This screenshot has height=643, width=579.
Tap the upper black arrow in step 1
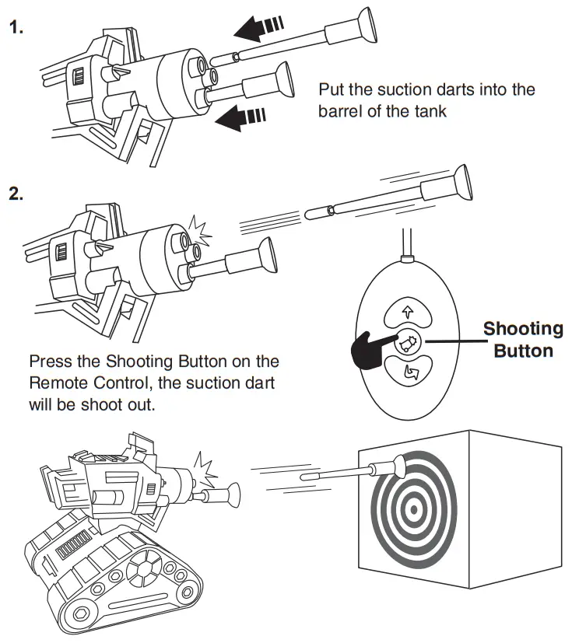(x=257, y=29)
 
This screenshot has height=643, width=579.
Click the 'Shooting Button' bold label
(x=523, y=339)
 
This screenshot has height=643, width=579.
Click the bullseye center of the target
(x=412, y=509)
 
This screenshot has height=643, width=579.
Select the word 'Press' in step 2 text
(x=51, y=362)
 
